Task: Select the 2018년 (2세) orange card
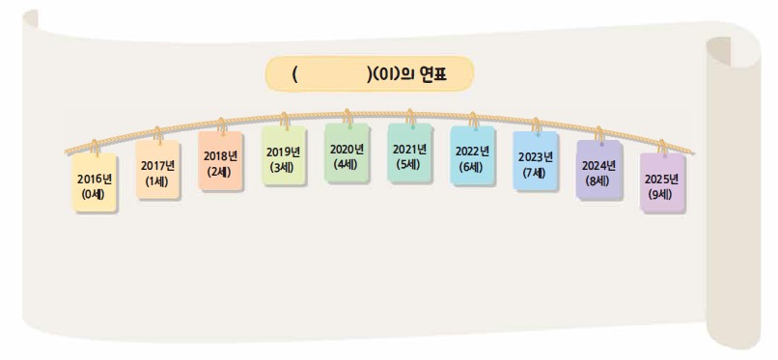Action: click(221, 162)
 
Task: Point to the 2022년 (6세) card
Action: click(473, 156)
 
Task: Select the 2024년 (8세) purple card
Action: click(598, 171)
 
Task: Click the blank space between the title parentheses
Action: click(332, 73)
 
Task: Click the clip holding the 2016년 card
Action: click(95, 148)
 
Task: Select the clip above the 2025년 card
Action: click(661, 149)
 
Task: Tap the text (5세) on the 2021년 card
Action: click(410, 163)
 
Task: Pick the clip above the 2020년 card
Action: click(347, 118)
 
